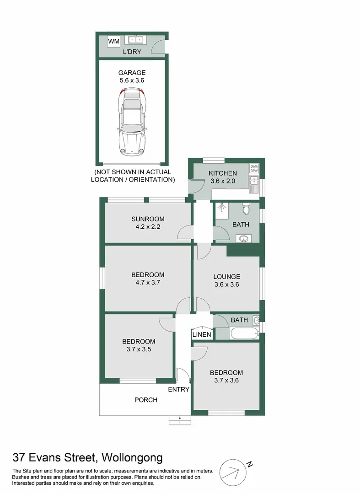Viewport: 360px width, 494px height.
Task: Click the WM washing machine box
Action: click(x=114, y=42)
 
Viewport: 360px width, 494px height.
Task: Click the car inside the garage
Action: click(x=132, y=123)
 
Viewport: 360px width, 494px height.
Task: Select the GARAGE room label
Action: click(x=132, y=72)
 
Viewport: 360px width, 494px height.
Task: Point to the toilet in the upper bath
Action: click(x=247, y=209)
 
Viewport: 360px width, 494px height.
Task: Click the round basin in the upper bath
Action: click(x=243, y=238)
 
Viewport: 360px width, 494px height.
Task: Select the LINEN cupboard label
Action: click(x=202, y=335)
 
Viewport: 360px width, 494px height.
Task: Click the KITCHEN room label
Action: click(x=223, y=173)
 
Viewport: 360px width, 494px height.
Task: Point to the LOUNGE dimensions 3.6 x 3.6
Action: click(x=226, y=284)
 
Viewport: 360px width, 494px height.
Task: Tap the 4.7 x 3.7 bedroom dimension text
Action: click(x=147, y=282)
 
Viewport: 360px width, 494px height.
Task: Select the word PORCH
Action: click(x=146, y=400)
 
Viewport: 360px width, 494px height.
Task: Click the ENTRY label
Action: click(x=178, y=389)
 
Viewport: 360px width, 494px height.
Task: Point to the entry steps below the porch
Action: click(x=180, y=419)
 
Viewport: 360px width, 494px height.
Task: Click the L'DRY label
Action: click(x=132, y=52)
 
